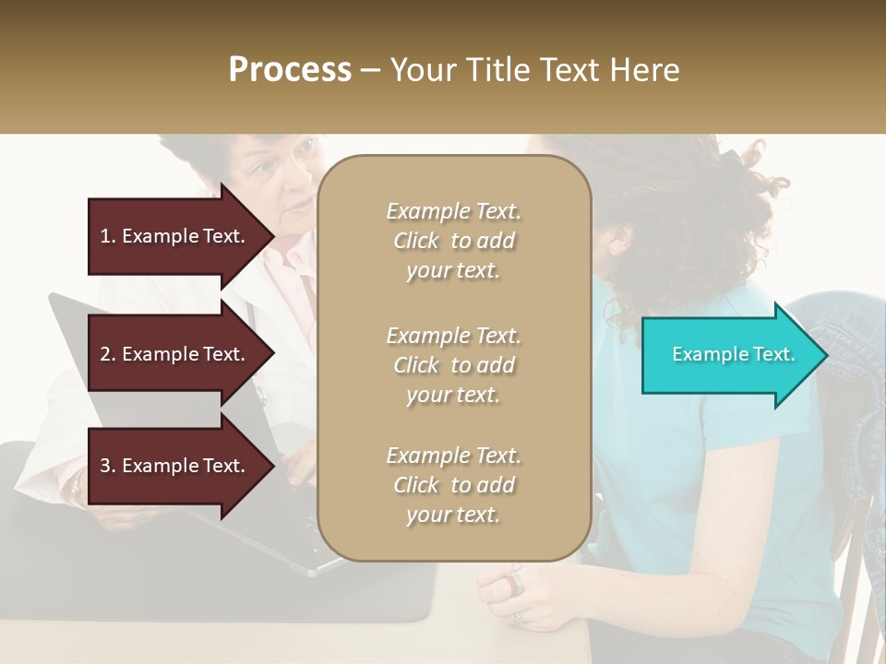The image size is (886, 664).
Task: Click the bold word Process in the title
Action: coord(290,70)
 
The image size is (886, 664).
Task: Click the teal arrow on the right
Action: coord(729,355)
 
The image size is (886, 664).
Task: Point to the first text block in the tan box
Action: coord(453,241)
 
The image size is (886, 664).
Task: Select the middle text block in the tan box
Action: coord(453,365)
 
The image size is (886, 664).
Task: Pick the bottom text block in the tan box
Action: coord(453,485)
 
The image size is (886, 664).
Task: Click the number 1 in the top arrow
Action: coord(105,236)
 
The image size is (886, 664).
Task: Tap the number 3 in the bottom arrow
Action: coord(105,466)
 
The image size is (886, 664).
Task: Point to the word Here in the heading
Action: coord(645,70)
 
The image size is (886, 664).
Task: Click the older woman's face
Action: coord(281,180)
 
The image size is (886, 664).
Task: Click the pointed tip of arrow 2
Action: coord(271,354)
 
